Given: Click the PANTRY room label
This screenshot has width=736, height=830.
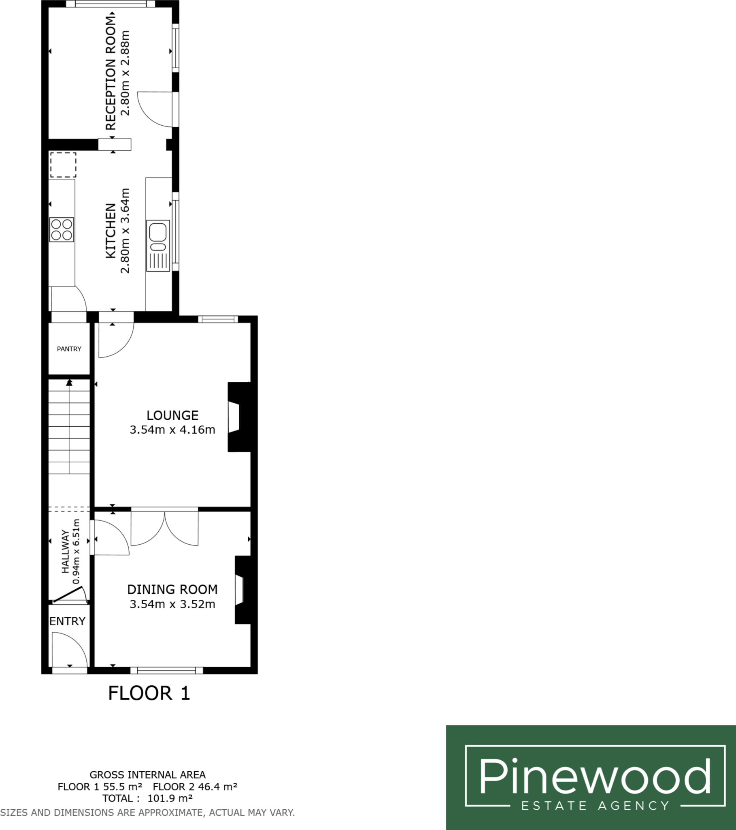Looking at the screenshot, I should pyautogui.click(x=69, y=349).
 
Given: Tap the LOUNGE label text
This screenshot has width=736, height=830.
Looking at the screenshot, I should pyautogui.click(x=172, y=415).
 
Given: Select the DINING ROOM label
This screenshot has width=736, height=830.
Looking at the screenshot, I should pyautogui.click(x=172, y=589).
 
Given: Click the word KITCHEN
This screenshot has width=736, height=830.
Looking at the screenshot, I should pyautogui.click(x=111, y=231).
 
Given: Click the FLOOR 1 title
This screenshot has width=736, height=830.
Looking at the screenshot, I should pyautogui.click(x=149, y=693).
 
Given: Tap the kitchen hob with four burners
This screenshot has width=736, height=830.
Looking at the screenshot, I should pyautogui.click(x=62, y=230).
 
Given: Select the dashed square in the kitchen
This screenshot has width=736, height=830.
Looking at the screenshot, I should pyautogui.click(x=63, y=165).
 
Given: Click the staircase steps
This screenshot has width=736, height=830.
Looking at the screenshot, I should pyautogui.click(x=69, y=426).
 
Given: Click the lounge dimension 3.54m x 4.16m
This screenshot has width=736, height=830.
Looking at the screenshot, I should pyautogui.click(x=172, y=430).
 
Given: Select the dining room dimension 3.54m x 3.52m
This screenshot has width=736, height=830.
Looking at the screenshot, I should pyautogui.click(x=172, y=604).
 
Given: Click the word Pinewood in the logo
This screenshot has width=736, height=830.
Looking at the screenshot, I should pyautogui.click(x=595, y=777).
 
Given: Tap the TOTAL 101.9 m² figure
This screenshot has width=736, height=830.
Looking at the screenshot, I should pyautogui.click(x=147, y=798).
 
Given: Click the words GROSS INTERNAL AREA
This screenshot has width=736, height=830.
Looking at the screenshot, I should pyautogui.click(x=147, y=775).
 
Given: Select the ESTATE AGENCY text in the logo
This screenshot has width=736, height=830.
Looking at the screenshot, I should pyautogui.click(x=595, y=806).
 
